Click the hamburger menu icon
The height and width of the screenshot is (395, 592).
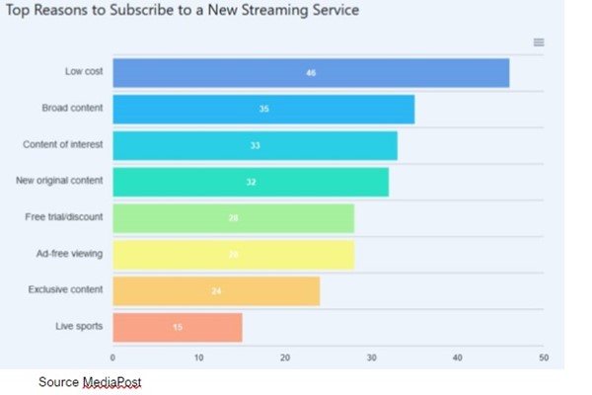pyautogui.click(x=539, y=42)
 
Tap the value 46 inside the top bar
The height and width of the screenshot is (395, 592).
pyautogui.click(x=311, y=73)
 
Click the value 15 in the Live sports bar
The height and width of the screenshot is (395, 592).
pyautogui.click(x=178, y=327)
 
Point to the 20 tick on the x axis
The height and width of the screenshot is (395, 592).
pyautogui.click(x=285, y=357)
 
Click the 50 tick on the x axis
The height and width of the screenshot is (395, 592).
pyautogui.click(x=543, y=357)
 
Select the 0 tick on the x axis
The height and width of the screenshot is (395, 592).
pyautogui.click(x=112, y=357)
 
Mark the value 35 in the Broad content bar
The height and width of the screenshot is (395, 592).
pyautogui.click(x=263, y=109)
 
